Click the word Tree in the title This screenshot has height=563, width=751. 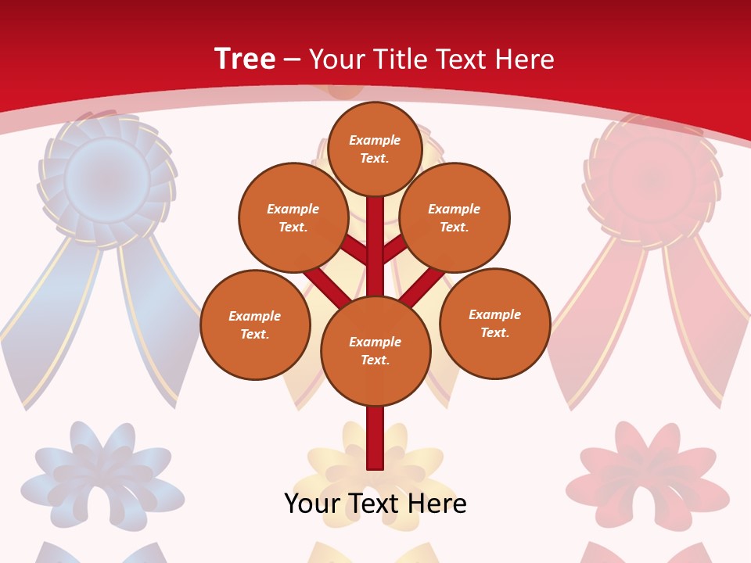coord(245,59)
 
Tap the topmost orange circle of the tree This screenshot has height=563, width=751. coord(375,149)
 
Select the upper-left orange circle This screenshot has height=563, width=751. coord(293,217)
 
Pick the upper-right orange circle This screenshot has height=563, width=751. coord(455,217)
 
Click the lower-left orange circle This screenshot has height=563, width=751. coord(255,325)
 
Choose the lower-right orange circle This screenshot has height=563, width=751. coord(494,323)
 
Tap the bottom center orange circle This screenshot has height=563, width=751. coord(375,350)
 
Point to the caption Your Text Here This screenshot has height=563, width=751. coord(375,504)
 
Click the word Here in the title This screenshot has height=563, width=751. coord(526,59)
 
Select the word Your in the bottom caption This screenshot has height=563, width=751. coord(312,504)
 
